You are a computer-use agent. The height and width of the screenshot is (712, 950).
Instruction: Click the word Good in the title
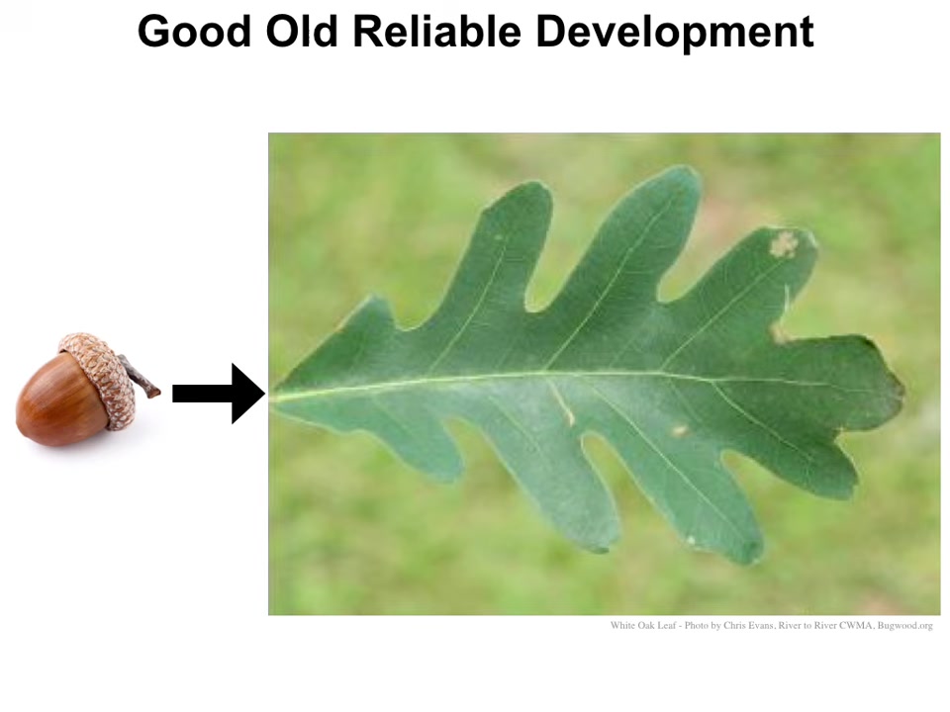(194, 32)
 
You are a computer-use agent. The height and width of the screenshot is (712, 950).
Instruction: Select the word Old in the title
(302, 32)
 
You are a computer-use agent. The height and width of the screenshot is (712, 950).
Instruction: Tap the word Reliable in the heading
(436, 32)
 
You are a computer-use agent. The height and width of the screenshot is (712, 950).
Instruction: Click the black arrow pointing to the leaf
(219, 394)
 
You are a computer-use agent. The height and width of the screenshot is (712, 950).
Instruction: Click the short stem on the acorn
(141, 377)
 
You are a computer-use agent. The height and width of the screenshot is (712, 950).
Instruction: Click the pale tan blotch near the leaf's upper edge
(784, 243)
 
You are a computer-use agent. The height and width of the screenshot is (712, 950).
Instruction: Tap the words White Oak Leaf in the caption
(643, 625)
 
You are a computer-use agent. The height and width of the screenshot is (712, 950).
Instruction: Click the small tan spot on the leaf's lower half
(679, 430)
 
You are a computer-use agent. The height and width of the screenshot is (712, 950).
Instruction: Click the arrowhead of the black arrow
(247, 394)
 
